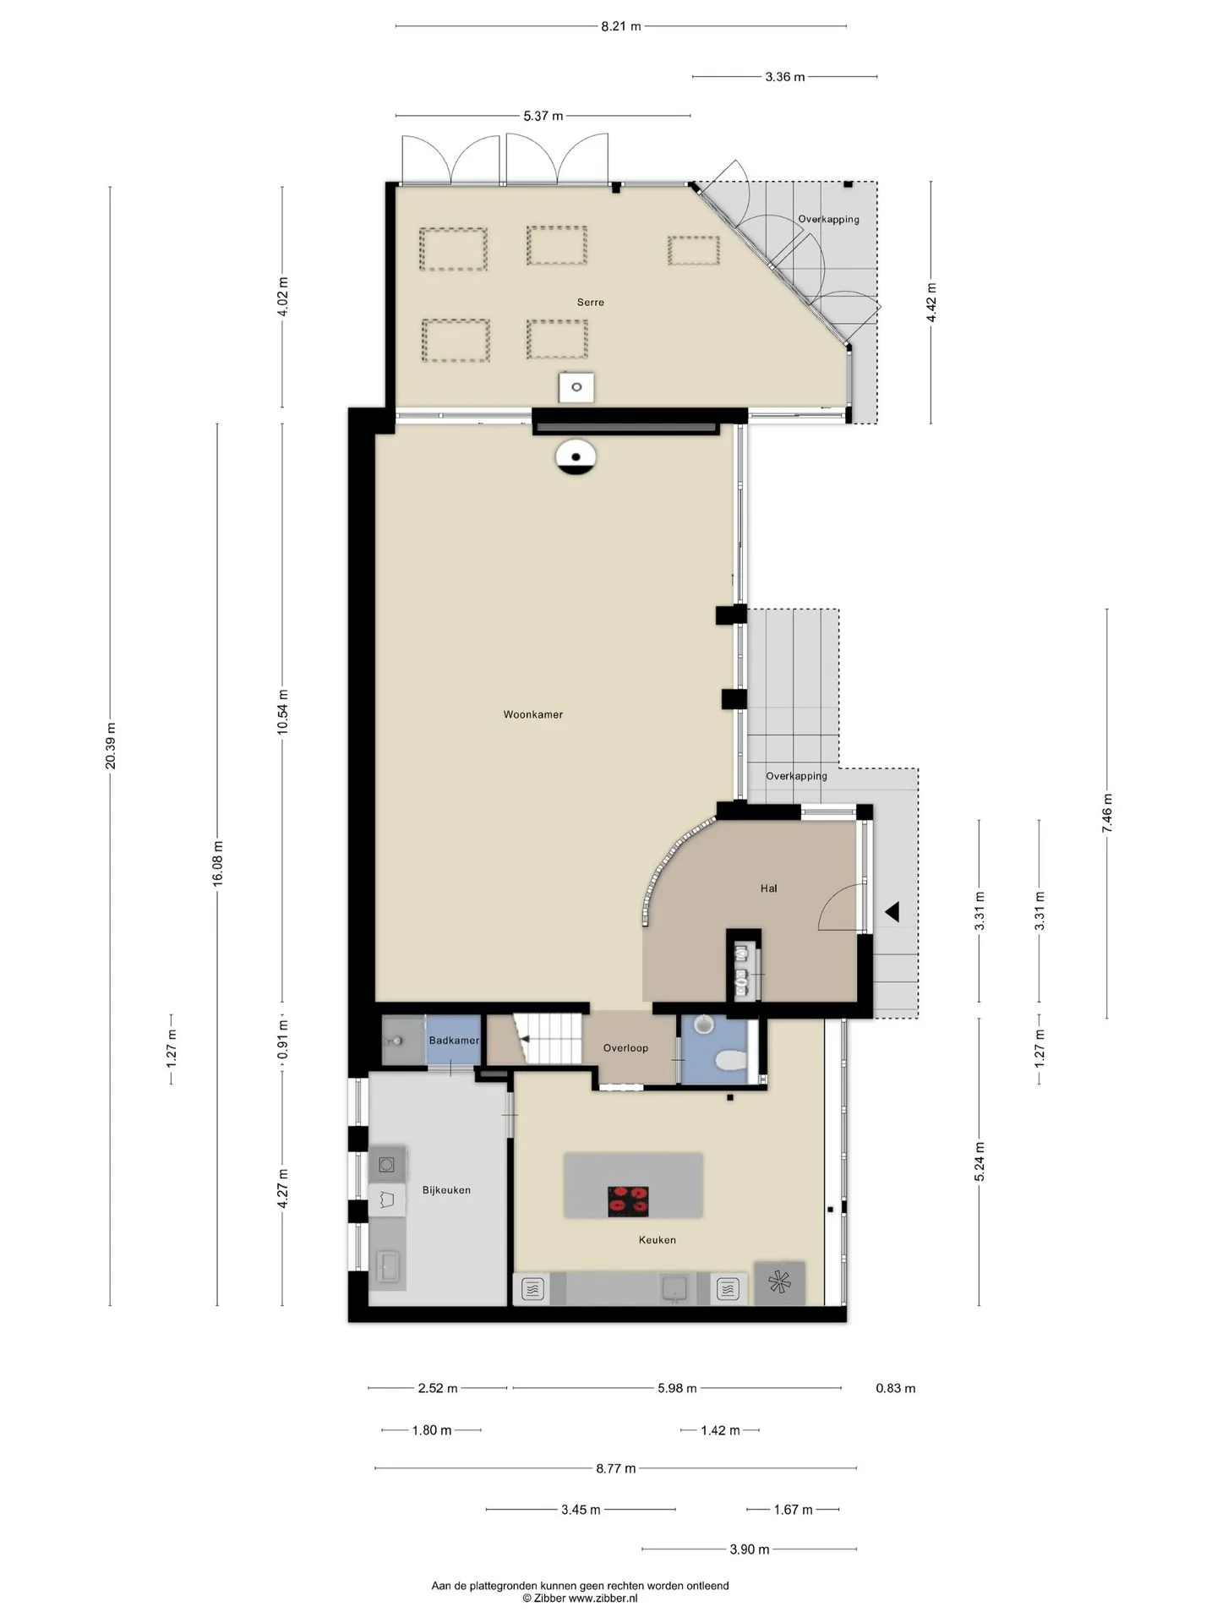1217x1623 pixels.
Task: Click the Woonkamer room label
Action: pos(532,714)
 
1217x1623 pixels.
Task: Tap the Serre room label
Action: pos(591,302)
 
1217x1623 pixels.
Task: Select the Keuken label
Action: pos(658,1240)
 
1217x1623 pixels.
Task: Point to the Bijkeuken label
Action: pos(446,1190)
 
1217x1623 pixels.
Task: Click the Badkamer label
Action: pos(454,1041)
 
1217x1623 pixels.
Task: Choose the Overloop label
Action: pos(625,1048)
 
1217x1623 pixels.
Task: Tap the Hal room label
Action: pos(768,888)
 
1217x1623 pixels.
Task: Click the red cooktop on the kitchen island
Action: pos(629,1201)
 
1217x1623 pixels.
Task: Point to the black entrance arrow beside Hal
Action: pos(892,912)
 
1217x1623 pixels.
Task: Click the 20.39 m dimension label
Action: pos(111,746)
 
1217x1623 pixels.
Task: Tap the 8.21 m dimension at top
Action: pos(621,26)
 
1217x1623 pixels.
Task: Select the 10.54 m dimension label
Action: pos(283,712)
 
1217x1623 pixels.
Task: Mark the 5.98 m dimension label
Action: pos(678,1388)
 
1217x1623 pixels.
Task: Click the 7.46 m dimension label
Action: pos(1107,813)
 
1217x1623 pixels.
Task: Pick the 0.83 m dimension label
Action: pos(896,1388)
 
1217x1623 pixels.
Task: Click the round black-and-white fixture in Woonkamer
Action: pos(576,457)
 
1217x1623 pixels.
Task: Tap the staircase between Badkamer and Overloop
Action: pos(549,1039)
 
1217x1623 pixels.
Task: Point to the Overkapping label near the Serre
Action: pos(828,219)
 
